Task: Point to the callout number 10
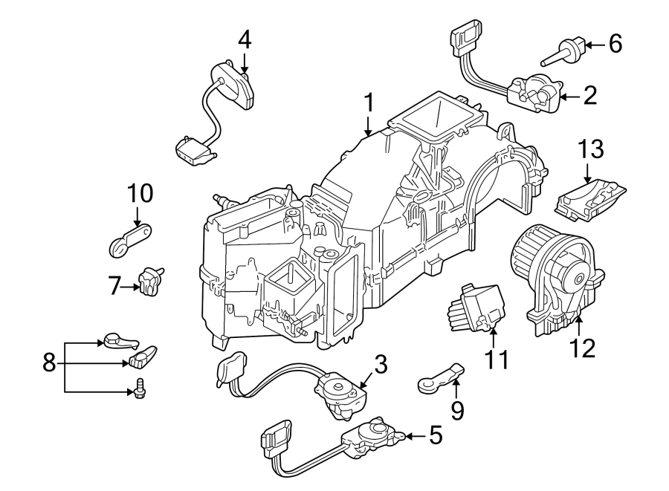(x=138, y=194)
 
